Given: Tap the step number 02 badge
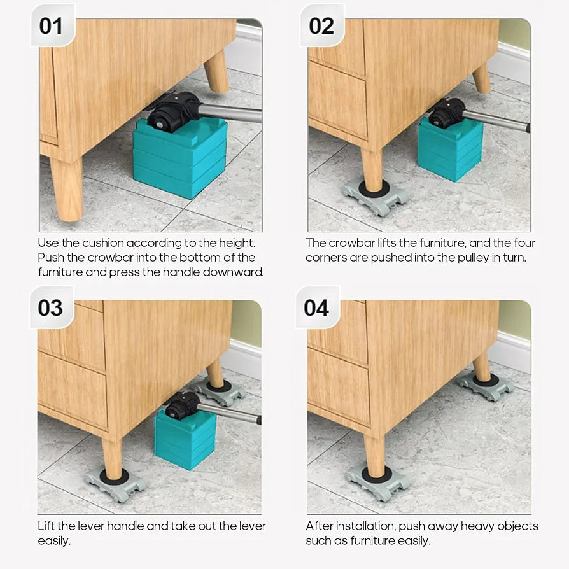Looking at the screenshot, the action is (321, 25).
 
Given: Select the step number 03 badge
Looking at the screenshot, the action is (51, 307).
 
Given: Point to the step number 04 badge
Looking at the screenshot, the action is (317, 307).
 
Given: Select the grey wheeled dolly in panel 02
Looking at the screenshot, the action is (376, 198).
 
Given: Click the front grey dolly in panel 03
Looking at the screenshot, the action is (115, 484).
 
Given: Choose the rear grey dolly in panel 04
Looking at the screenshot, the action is (485, 386).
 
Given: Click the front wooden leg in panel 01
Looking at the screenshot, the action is (67, 188).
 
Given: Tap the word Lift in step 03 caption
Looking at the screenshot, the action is (46, 526).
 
